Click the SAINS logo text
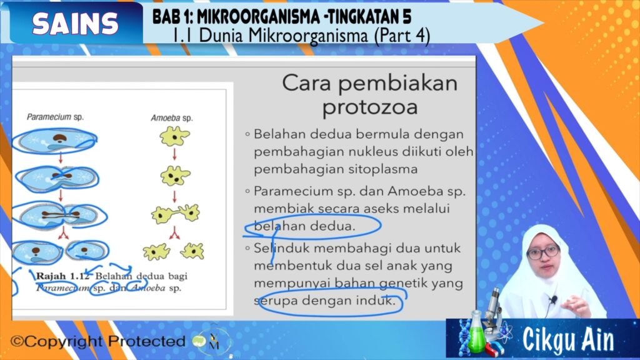coord(76,23)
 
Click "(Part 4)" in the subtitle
coord(402,36)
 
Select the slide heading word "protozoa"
coord(370,107)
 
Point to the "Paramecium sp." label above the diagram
coord(55,117)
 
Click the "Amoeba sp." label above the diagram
coord(172,118)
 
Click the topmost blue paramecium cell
coord(55,141)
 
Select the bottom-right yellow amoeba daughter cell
coord(192,251)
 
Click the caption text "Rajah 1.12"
coord(62,276)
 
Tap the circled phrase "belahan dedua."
coord(304,226)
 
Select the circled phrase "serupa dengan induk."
coord(324,301)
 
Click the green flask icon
coord(477,332)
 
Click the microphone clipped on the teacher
coord(553,301)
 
